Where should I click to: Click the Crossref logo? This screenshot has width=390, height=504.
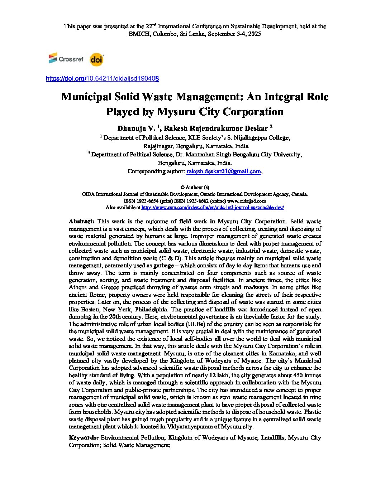click(66, 59)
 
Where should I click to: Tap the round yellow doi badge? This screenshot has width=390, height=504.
click(96, 59)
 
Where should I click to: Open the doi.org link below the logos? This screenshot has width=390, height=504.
click(102, 78)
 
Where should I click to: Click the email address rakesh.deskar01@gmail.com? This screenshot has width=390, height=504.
click(224, 171)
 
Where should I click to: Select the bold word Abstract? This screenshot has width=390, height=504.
click(81, 222)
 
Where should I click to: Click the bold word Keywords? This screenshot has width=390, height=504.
click(83, 438)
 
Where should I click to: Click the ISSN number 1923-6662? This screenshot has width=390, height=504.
click(196, 201)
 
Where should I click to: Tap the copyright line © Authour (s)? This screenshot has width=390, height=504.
click(195, 187)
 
